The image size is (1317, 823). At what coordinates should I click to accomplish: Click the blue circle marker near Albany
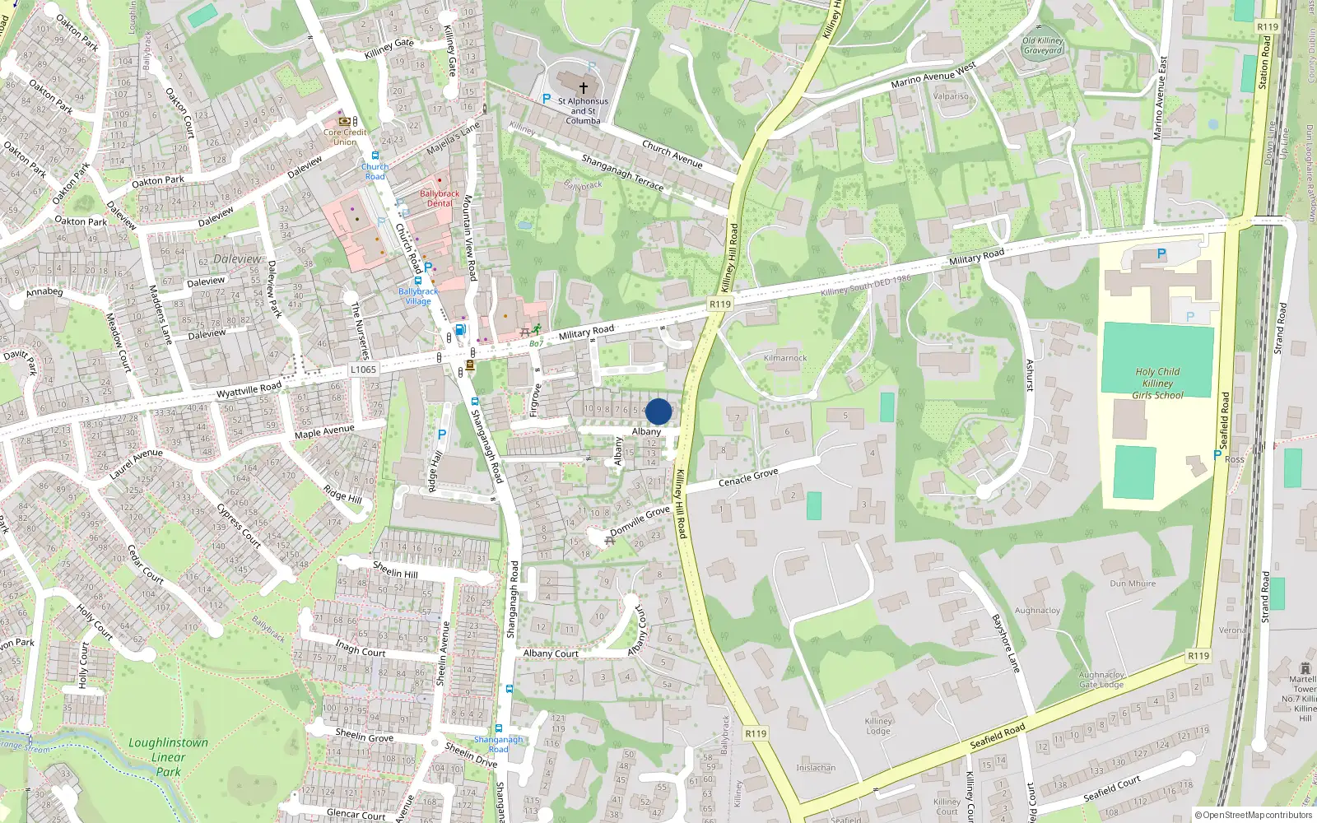point(658,411)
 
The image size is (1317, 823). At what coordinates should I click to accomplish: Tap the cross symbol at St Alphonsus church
point(584,87)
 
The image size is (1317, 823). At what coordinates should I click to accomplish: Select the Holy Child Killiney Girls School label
point(1157,384)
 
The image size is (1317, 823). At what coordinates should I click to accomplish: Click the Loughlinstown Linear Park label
point(168,757)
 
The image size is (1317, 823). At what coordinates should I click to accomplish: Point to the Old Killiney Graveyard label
point(1043,45)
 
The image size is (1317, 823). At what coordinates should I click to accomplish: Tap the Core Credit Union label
point(345,137)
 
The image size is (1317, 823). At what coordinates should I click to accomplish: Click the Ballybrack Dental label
point(440,198)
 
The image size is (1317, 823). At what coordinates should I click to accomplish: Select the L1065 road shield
point(363,370)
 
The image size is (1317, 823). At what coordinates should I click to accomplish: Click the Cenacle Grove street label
point(748,478)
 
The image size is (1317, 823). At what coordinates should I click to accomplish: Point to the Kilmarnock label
point(785,358)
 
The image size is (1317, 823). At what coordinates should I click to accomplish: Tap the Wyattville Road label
point(249,389)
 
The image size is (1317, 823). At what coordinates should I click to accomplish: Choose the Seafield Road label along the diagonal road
point(998,735)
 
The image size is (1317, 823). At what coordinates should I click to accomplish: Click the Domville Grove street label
point(640,520)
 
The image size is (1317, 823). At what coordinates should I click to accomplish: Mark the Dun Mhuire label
point(1133,584)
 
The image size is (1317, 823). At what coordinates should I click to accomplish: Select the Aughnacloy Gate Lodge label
point(1101,680)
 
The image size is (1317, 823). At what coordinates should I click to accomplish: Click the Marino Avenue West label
point(933,75)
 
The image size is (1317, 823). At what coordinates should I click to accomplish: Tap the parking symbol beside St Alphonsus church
point(546,99)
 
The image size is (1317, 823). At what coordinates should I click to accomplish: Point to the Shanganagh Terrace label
point(622,173)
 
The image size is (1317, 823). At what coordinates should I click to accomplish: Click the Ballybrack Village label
point(418,296)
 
